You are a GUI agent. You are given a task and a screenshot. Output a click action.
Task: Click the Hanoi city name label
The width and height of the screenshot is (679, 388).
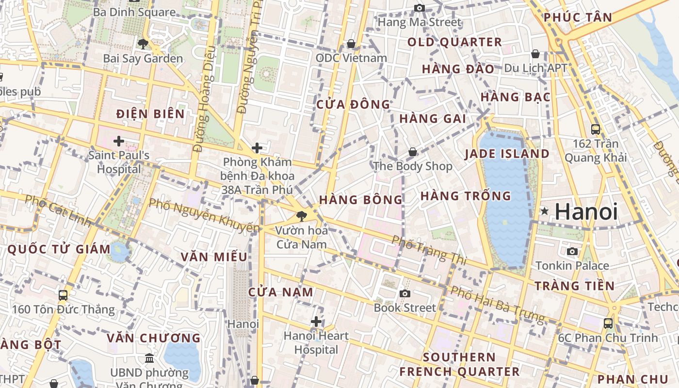[586, 212]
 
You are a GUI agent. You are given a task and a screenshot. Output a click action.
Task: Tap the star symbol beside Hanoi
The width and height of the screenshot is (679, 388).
[545, 211]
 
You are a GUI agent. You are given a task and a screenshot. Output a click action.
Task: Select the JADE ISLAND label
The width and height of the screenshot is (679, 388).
[507, 154]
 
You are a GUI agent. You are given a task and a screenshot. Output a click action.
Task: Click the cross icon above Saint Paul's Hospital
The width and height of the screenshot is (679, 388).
[119, 141]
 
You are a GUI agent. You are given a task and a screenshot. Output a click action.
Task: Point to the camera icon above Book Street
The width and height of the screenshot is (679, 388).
[404, 293]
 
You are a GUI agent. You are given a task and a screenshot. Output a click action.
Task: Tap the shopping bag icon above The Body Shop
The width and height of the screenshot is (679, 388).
[412, 152]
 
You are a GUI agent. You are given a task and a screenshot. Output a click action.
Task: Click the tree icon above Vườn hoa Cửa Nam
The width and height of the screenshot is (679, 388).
[302, 216]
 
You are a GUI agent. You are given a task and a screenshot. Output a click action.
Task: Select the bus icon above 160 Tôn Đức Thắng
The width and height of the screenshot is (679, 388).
[63, 295]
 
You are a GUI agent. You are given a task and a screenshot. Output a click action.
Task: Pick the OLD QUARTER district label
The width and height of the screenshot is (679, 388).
[454, 42]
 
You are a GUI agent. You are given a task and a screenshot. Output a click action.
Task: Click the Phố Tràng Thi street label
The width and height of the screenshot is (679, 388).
[429, 250]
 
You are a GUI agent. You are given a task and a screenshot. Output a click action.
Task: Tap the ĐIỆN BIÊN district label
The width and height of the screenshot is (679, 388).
[151, 114]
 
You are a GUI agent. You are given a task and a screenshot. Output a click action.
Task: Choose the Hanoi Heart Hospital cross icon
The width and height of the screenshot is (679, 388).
[316, 321]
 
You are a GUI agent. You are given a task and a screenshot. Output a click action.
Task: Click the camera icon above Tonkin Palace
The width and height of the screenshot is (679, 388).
[572, 251]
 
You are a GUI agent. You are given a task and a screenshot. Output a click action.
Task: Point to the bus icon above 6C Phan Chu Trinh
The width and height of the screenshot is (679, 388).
[608, 323]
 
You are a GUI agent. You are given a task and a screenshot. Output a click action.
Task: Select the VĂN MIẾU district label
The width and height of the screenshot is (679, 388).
[214, 257]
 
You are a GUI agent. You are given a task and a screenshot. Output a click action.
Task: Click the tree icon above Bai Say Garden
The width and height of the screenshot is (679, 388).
[143, 44]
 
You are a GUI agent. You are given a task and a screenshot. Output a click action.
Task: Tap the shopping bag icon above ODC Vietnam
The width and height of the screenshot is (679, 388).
[351, 44]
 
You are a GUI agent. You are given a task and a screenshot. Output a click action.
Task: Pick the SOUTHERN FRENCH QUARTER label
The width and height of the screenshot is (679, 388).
[459, 365]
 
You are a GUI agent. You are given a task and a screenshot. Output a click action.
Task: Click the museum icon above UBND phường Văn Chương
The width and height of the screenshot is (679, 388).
[149, 358]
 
